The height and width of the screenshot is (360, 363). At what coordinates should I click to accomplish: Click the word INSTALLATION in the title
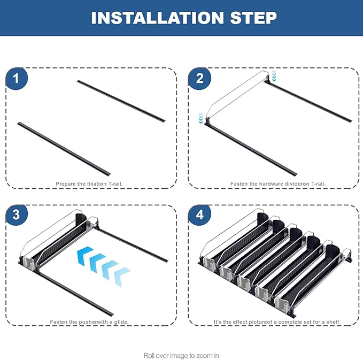[158, 18]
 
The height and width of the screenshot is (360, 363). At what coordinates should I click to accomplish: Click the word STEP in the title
[253, 18]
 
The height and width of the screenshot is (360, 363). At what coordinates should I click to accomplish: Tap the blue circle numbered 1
[17, 78]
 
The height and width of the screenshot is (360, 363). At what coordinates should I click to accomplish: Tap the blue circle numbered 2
[199, 78]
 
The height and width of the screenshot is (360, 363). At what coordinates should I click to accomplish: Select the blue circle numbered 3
[17, 215]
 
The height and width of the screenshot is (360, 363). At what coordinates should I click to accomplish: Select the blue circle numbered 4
[199, 215]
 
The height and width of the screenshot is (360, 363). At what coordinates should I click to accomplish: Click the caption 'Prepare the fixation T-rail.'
[89, 183]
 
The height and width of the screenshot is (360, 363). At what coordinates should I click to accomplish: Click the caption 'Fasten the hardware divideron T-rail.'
[278, 183]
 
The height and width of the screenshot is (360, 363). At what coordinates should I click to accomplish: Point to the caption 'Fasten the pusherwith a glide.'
[89, 322]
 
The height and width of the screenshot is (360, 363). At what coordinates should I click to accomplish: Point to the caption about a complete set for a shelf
[277, 322]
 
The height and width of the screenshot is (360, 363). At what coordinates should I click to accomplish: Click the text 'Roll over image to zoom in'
[181, 355]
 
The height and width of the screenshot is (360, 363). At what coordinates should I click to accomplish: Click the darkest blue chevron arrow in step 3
[84, 256]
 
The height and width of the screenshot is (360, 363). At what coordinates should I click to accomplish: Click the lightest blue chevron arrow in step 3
[122, 277]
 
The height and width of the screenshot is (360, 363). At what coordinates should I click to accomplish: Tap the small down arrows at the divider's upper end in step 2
[274, 76]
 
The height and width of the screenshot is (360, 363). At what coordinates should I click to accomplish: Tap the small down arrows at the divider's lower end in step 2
[200, 118]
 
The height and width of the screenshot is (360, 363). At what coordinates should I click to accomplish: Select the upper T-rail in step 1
[121, 101]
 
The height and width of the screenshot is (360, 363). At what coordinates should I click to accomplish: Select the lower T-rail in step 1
[64, 149]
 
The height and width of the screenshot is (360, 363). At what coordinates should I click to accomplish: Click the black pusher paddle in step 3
[81, 219]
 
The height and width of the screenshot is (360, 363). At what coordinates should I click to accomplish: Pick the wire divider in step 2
[237, 96]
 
